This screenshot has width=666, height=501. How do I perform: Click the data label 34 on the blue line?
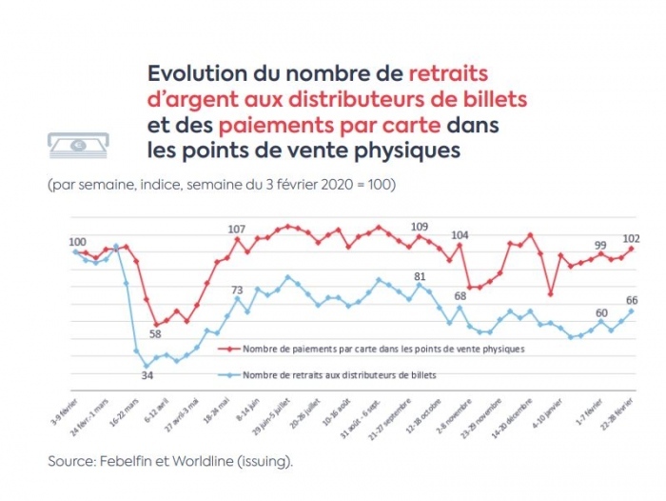(147, 375)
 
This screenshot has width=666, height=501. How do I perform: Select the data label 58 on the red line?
(155, 334)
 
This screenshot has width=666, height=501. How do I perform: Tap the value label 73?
(238, 291)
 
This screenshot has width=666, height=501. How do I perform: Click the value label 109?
(420, 227)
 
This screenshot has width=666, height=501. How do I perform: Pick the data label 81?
(420, 276)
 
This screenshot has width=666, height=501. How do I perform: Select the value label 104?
(460, 235)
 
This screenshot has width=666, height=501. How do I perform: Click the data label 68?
(460, 294)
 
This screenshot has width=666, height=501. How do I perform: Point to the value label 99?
(601, 245)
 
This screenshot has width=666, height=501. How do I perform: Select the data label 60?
(601, 312)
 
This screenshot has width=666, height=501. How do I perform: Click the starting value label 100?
(76, 242)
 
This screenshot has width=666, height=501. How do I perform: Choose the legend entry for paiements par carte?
(383, 349)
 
